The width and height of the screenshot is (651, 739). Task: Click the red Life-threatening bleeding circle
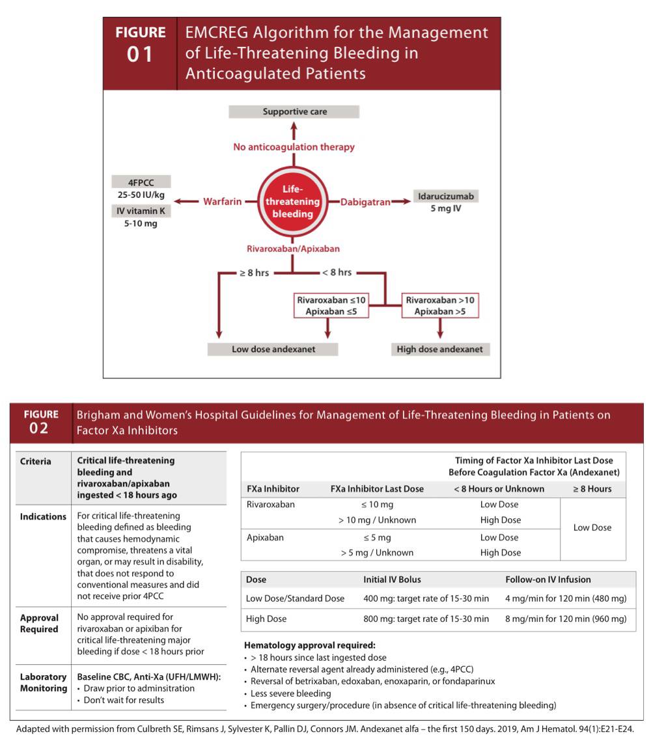tap(292, 202)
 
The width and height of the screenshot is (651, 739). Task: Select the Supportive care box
tap(294, 112)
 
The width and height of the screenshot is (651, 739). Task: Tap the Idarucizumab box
tap(445, 196)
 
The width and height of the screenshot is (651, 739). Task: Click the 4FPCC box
tap(141, 182)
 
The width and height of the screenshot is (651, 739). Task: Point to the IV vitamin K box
tap(141, 210)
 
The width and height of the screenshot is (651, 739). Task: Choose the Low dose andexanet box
tap(273, 349)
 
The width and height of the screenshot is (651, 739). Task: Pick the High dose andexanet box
tap(439, 349)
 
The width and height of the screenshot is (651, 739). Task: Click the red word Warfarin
tap(222, 202)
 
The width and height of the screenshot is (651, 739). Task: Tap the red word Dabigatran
tap(366, 202)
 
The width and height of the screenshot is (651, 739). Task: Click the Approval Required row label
tap(40, 623)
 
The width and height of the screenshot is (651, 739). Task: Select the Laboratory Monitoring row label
tap(44, 682)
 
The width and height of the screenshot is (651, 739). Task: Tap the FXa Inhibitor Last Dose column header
tap(377, 488)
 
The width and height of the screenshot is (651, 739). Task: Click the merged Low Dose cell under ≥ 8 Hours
tap(592, 527)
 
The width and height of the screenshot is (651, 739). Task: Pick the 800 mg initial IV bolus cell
tap(426, 619)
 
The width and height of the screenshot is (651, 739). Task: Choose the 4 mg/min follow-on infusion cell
tap(566, 598)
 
